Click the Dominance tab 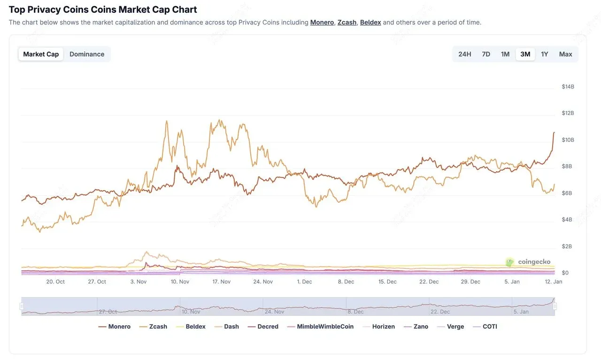87,54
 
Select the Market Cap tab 41,54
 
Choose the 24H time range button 464,54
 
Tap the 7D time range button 486,54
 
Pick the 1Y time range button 545,54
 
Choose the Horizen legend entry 378,327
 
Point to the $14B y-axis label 568,87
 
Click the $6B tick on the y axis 567,193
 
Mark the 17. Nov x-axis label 222,282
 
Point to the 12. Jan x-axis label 553,282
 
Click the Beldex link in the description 370,22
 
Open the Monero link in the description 322,22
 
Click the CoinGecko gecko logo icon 510,262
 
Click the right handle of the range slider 555,306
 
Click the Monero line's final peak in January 554,132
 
